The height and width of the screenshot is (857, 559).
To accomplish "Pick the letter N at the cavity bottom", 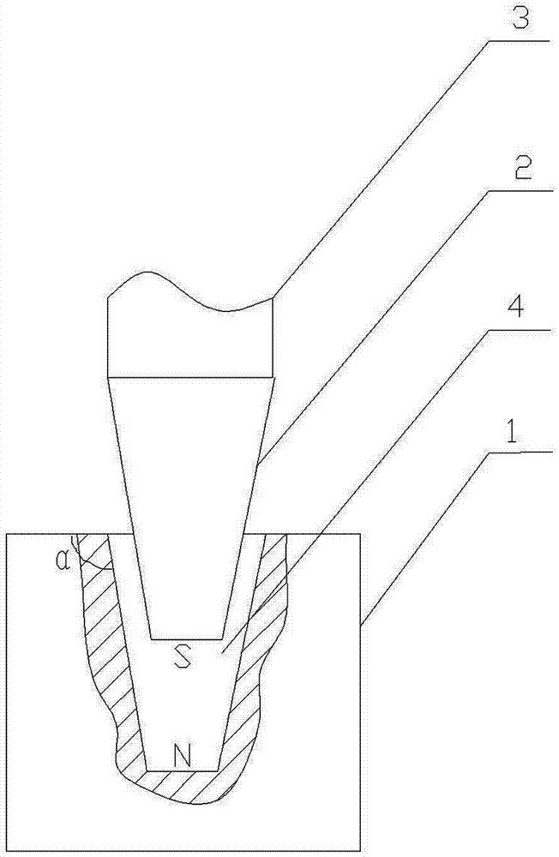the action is coord(182,755).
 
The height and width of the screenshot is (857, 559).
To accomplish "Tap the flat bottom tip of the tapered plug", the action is coord(185,638).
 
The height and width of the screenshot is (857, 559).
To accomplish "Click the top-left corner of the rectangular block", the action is coord(7,534).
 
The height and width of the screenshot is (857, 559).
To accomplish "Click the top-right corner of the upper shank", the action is coord(273,297).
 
